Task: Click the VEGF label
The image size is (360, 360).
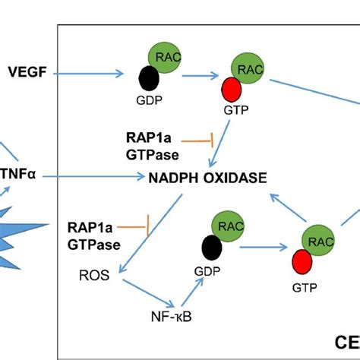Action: [26, 74]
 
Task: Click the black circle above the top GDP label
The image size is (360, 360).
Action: [148, 79]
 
